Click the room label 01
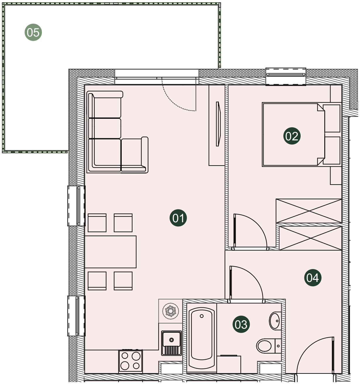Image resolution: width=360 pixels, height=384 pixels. pos(178,218)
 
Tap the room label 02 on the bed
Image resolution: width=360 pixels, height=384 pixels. pos(292,136)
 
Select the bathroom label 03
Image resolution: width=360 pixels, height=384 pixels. pos(241,324)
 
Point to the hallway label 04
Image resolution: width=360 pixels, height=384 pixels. pos(313,278)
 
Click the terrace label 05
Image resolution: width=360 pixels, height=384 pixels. pos(33,32)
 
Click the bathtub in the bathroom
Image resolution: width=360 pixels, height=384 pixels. pos(202,338)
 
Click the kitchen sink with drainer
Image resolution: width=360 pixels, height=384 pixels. pos(171,343)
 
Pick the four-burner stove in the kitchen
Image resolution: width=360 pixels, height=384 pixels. pos(130,361)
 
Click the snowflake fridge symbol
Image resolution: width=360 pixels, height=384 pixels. pos(170,311)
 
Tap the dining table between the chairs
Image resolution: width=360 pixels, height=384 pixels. pos(110,252)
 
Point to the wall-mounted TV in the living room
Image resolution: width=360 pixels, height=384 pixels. pos(218,124)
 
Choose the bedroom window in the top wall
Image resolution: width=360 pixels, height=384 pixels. pos(286,76)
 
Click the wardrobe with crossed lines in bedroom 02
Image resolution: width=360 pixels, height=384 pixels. pos(309,211)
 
